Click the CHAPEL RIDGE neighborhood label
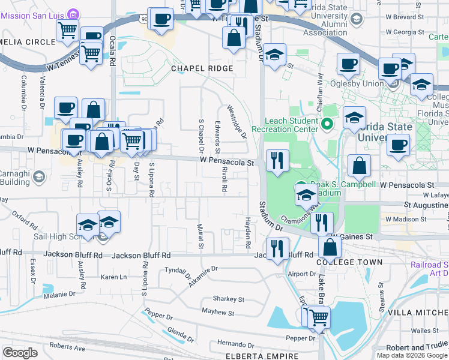(x=202, y=68)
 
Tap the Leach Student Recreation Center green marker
(x=327, y=125)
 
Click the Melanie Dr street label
(x=59, y=295)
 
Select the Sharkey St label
(x=229, y=299)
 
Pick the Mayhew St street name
(x=218, y=313)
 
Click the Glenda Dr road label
(x=180, y=335)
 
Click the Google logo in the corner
(x=20, y=353)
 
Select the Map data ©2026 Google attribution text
(x=412, y=355)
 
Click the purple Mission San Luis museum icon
(x=73, y=13)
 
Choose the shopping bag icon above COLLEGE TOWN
(x=330, y=247)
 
